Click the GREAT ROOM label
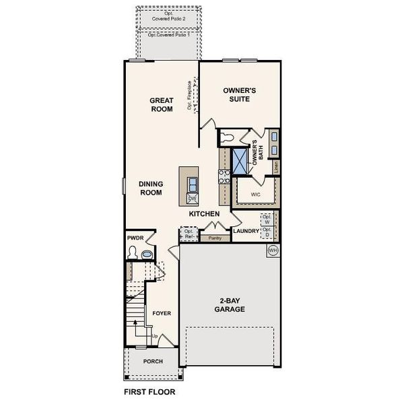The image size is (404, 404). [x=162, y=104]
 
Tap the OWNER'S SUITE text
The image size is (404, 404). [x=236, y=94]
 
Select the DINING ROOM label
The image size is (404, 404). [x=151, y=187]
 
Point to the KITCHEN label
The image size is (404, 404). [x=205, y=213]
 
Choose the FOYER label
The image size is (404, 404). [x=161, y=313]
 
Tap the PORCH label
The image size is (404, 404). [x=152, y=360]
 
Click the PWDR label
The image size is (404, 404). [x=135, y=238]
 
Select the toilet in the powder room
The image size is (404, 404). [x=133, y=254]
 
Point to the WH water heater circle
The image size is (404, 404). [x=273, y=250]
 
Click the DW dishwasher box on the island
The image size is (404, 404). [x=192, y=199]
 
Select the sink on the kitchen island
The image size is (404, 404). [x=192, y=183]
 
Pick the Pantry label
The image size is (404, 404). [x=215, y=238]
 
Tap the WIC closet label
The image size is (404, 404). [x=255, y=195]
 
